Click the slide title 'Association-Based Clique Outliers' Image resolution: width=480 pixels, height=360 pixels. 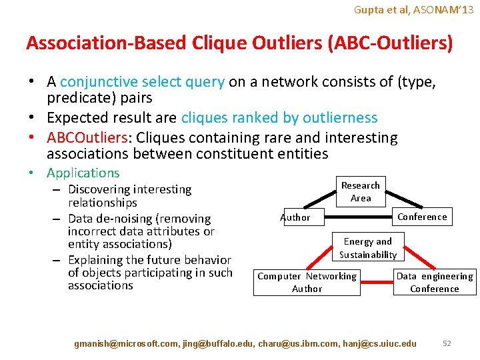pyautogui.click(x=239, y=43)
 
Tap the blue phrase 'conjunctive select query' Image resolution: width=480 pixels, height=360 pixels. pyautogui.click(x=142, y=82)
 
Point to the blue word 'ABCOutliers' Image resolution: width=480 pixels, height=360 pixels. pyautogui.click(x=87, y=138)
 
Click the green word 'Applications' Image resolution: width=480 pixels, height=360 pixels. pyautogui.click(x=83, y=173)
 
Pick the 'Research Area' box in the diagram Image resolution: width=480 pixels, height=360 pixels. pyautogui.click(x=361, y=192)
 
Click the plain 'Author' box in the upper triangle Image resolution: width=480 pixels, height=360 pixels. pyautogui.click(x=295, y=217)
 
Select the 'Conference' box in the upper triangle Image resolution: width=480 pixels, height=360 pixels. pyautogui.click(x=422, y=217)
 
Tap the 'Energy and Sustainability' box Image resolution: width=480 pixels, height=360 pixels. pyautogui.click(x=367, y=248)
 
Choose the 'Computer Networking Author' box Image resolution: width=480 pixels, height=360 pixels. pyautogui.click(x=307, y=283)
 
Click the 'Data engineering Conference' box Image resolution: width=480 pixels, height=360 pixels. pyautogui.click(x=435, y=283)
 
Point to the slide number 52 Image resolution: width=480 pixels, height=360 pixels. pyautogui.click(x=447, y=343)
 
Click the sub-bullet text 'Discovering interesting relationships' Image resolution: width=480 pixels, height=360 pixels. pyautogui.click(x=129, y=196)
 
